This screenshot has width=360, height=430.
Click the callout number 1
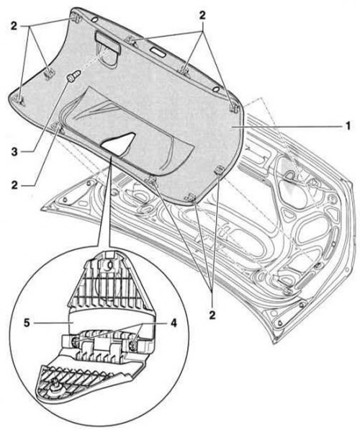(x=347, y=126)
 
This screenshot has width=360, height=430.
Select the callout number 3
(x=14, y=151)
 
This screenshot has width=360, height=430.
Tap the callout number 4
(x=174, y=323)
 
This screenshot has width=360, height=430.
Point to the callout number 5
(x=27, y=323)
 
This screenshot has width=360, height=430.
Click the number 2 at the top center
(x=202, y=15)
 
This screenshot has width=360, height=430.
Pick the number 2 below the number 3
(x=14, y=185)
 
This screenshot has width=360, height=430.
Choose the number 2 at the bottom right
(x=212, y=315)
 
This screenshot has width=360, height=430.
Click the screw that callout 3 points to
(x=73, y=76)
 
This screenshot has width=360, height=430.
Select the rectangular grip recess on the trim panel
(x=107, y=42)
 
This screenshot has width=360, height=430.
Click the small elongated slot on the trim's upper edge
(x=158, y=52)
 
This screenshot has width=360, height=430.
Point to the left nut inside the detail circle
(x=74, y=341)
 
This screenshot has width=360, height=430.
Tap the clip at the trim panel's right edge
(x=234, y=107)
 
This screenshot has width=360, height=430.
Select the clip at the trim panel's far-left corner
(x=19, y=100)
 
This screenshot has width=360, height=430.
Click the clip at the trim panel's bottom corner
(x=191, y=197)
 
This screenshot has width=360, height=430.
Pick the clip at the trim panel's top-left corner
(x=76, y=19)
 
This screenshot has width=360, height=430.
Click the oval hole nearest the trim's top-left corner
(x=94, y=19)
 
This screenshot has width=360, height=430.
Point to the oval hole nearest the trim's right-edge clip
(x=216, y=89)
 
